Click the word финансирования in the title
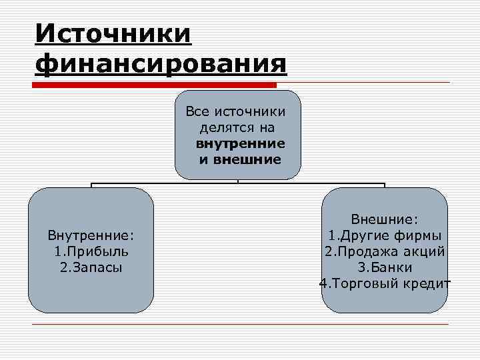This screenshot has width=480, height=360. (161, 64)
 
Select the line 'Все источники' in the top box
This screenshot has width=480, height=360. (238, 111)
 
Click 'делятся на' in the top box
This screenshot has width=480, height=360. (238, 127)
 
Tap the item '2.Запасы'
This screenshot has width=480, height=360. (91, 267)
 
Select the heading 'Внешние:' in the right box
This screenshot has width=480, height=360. (385, 219)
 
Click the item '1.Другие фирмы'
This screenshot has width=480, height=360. (385, 235)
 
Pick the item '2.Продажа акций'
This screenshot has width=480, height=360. (385, 251)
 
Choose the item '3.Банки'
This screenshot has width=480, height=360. (385, 267)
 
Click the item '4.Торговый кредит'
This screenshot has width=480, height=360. (385, 283)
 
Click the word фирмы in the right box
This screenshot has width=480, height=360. (420, 235)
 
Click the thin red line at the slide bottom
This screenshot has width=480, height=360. (240, 325)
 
